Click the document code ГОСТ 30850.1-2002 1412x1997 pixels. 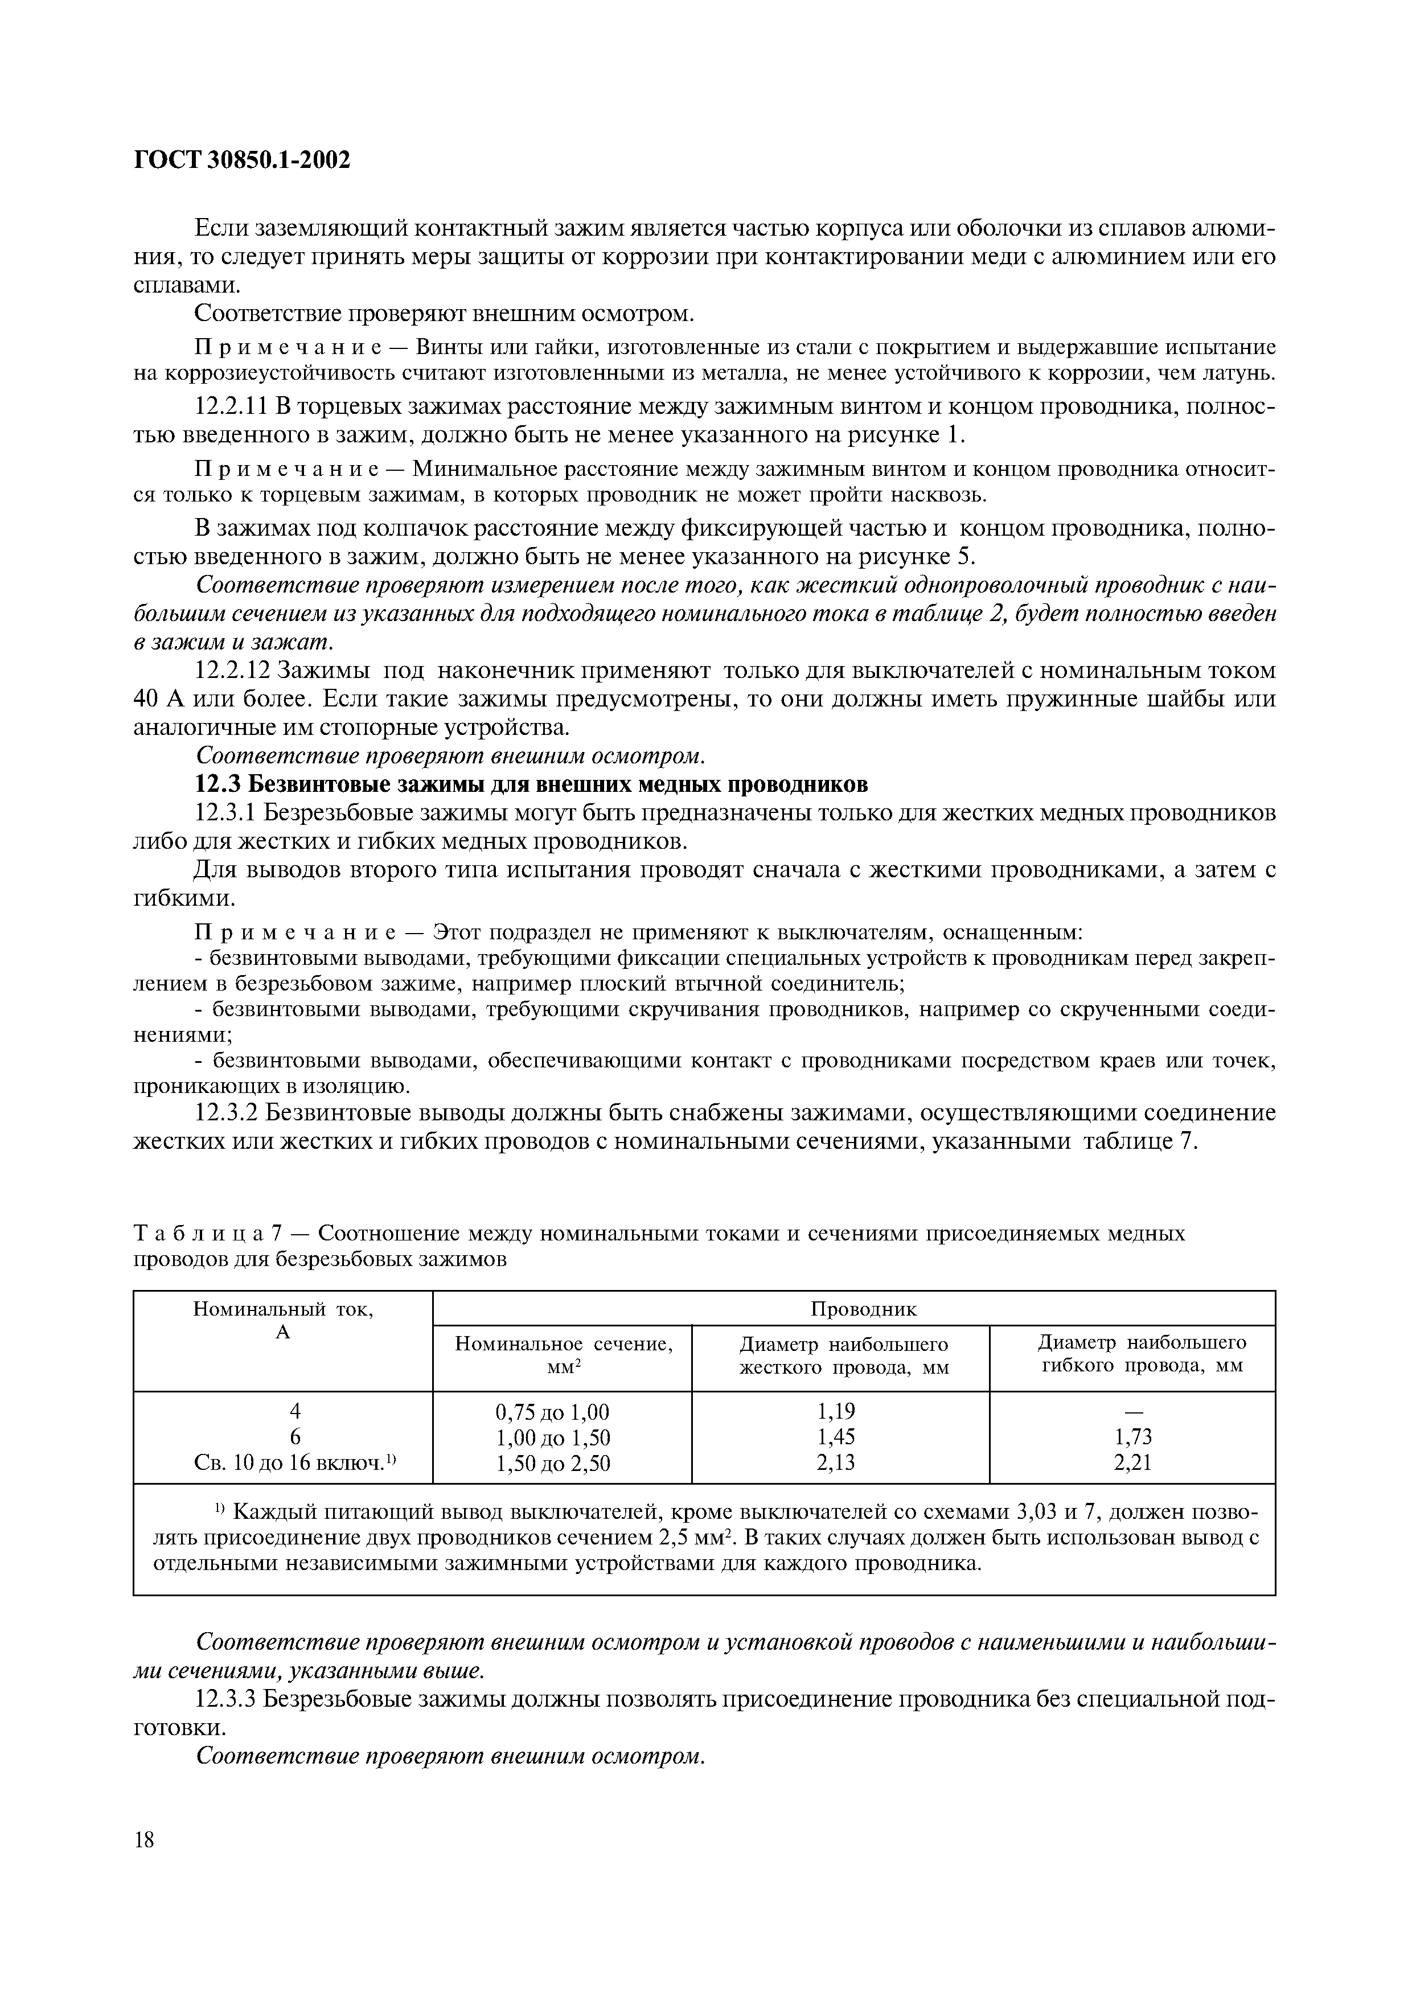(242, 160)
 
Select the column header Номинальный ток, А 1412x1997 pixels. (283, 1320)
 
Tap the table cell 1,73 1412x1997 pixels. (1133, 1437)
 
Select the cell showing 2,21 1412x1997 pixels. (1133, 1463)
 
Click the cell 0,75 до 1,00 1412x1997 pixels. (553, 1411)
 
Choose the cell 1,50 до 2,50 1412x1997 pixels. (553, 1464)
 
